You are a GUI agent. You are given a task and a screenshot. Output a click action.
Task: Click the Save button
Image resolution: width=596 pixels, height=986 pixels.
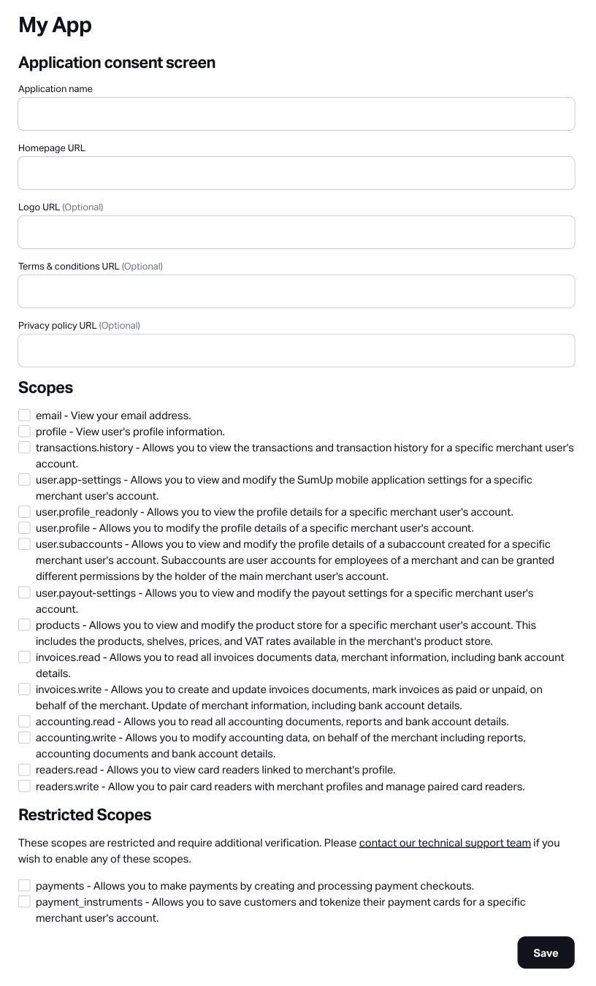point(546,952)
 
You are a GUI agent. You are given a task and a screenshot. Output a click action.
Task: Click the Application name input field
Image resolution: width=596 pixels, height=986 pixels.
point(296,114)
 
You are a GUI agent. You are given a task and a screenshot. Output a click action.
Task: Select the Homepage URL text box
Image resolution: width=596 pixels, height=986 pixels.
point(296,173)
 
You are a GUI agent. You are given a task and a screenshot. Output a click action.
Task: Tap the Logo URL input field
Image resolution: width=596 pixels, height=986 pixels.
point(296,232)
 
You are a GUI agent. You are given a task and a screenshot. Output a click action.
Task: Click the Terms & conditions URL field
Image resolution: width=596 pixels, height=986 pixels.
point(296,291)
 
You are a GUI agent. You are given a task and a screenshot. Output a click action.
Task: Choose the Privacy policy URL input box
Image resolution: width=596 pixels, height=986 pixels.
point(296,351)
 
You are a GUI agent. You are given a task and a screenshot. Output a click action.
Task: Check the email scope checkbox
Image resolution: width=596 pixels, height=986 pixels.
point(24,416)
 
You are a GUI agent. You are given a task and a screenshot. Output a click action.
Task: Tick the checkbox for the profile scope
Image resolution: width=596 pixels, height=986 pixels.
point(24,432)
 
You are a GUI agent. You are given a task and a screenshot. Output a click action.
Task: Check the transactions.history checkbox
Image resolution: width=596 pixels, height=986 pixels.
point(24,448)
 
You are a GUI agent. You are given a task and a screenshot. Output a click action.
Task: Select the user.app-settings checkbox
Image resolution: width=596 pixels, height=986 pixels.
point(24,480)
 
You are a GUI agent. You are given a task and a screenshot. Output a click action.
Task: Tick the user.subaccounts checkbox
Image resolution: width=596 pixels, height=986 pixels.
point(24,544)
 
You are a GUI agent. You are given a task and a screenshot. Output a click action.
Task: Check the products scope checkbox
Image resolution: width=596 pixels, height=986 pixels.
point(24,625)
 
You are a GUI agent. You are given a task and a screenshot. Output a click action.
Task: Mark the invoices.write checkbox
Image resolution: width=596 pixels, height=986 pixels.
point(24,689)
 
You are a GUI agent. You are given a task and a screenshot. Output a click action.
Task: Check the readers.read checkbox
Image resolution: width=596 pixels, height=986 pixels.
point(24,770)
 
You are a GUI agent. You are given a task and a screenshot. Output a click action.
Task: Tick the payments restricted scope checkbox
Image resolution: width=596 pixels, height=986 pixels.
point(24,886)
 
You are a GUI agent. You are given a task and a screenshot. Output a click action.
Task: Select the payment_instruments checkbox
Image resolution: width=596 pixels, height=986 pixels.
point(24,902)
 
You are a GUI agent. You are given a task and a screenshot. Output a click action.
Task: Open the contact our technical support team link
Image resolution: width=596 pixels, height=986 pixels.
point(445,843)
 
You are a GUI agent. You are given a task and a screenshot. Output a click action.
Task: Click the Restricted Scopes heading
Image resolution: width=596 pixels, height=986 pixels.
point(85,815)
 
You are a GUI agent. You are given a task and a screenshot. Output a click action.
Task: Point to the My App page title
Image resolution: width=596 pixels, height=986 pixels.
point(55,25)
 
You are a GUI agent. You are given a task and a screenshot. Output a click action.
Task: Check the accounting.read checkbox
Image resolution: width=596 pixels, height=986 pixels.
point(24,722)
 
